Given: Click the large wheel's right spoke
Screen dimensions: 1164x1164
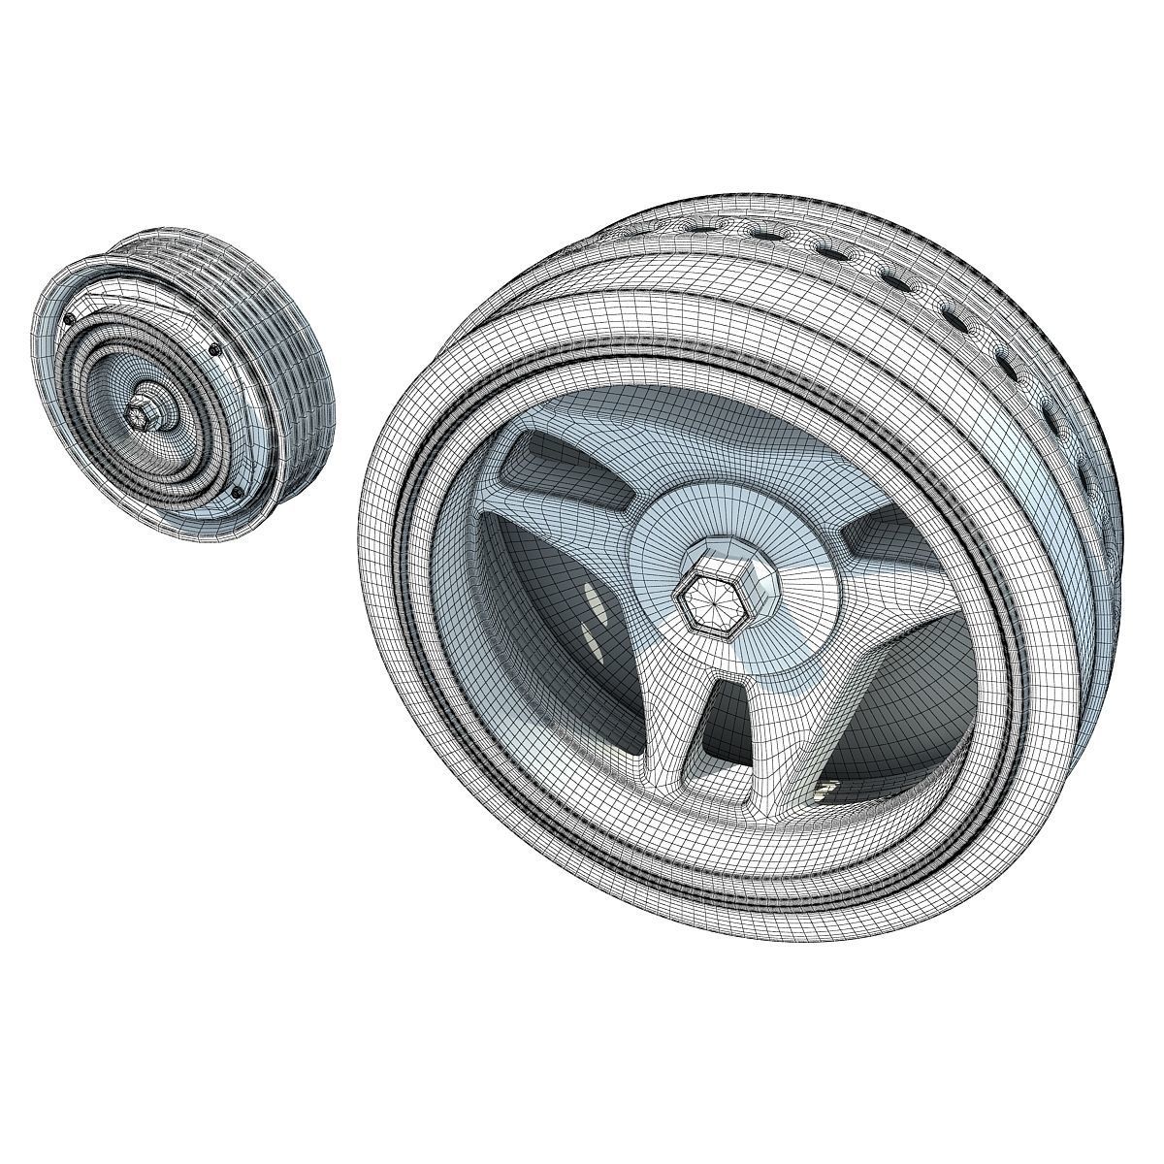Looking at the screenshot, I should point(873,582).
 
